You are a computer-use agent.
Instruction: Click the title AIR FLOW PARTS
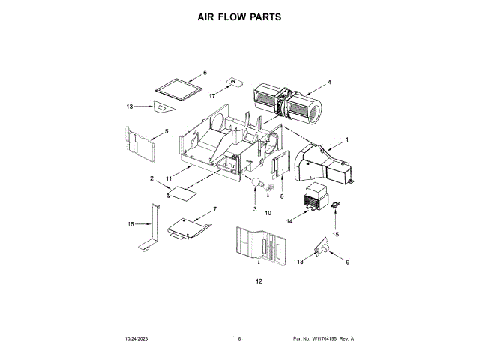pos(240,15)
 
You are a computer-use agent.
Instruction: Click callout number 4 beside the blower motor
pos(328,81)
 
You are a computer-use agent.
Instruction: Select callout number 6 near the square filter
pos(205,73)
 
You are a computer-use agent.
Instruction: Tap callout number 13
pos(129,106)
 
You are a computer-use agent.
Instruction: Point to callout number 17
pos(211,96)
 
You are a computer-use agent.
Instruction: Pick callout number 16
pos(130,223)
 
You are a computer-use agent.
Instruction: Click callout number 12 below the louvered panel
pos(259,281)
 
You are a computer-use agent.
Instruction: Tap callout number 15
pos(336,235)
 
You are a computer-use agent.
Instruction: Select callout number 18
pos(301,261)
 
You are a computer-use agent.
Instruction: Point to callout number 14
pos(289,221)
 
